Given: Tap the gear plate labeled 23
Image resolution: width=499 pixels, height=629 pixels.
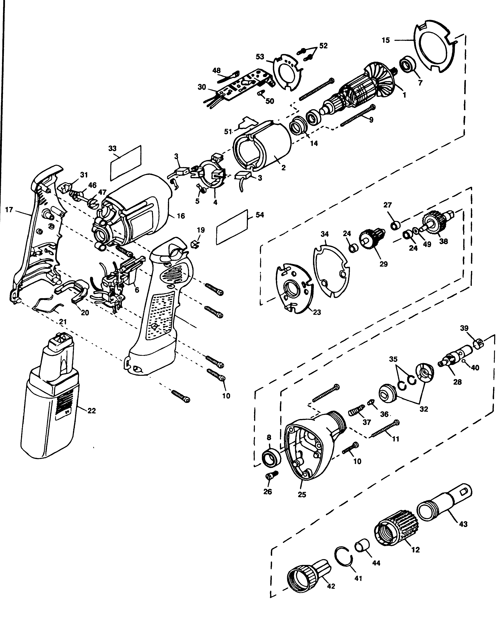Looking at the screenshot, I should coord(293,289).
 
